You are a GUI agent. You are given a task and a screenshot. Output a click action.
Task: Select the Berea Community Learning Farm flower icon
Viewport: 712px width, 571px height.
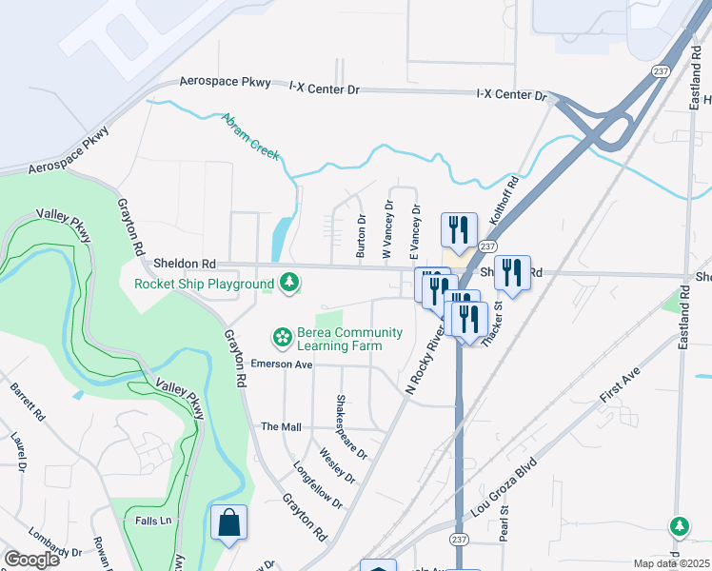[x=282, y=337]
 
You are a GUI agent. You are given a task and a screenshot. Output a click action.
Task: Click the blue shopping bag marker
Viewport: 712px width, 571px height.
[x=228, y=522]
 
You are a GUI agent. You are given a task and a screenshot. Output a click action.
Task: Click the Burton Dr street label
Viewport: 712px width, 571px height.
[x=361, y=236]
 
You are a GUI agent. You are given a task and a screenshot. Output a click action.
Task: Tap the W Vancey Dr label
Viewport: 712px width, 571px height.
[x=387, y=229]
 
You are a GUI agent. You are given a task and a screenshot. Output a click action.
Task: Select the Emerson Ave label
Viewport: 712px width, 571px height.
[x=282, y=364]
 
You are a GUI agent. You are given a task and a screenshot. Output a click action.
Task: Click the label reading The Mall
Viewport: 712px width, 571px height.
[x=281, y=427]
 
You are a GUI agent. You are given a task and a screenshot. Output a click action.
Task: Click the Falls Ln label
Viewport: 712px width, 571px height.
[x=153, y=521]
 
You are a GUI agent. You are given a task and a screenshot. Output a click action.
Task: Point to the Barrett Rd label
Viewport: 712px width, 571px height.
[x=28, y=403]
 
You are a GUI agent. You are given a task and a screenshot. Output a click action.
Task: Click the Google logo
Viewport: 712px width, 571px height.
[x=32, y=559]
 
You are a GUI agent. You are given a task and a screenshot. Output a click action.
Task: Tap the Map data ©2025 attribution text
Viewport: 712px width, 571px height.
[x=671, y=563]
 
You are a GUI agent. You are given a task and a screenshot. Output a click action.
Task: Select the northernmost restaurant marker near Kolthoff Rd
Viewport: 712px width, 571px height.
[x=459, y=229]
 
